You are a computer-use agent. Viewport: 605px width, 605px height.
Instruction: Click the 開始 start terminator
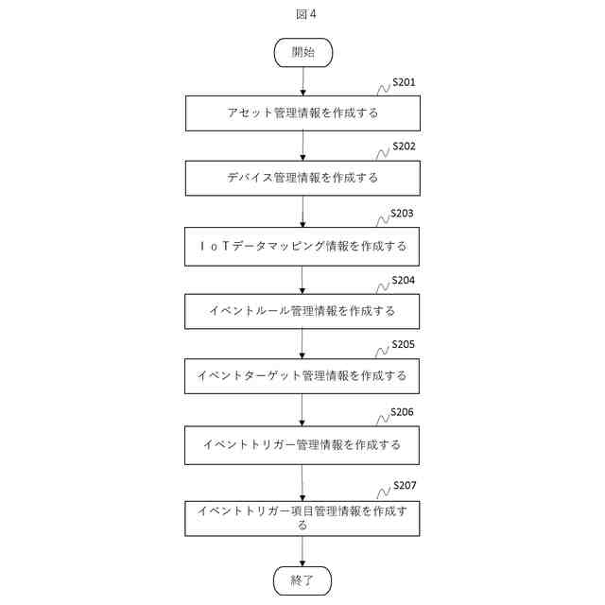[302, 53]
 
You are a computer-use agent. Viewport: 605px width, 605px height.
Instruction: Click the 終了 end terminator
[302, 579]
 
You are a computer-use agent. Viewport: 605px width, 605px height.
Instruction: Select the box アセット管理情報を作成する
[302, 113]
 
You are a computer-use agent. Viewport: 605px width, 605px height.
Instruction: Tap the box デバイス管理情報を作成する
[302, 178]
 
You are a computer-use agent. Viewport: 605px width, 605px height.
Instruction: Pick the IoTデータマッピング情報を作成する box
[302, 246]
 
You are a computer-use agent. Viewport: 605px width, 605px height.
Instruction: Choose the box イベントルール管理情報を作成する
[302, 311]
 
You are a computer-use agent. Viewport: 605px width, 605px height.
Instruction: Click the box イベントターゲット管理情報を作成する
[302, 375]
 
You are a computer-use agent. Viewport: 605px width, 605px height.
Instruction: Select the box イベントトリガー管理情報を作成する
[302, 444]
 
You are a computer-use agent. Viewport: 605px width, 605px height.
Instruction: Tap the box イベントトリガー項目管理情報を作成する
[302, 517]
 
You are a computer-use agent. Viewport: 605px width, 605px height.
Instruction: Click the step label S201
[404, 83]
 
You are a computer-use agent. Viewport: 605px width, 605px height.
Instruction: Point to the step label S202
[404, 147]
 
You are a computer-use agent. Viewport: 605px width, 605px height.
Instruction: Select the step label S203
[404, 214]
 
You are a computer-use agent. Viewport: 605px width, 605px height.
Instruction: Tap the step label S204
[404, 281]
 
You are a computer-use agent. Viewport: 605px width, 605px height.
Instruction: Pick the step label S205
[404, 345]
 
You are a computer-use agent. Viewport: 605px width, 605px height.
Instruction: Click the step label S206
[404, 413]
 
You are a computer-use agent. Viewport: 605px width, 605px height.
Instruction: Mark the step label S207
[404, 486]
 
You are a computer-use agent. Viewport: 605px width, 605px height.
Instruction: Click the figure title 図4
[303, 14]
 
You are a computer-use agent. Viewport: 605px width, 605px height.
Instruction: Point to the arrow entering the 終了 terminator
[302, 550]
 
